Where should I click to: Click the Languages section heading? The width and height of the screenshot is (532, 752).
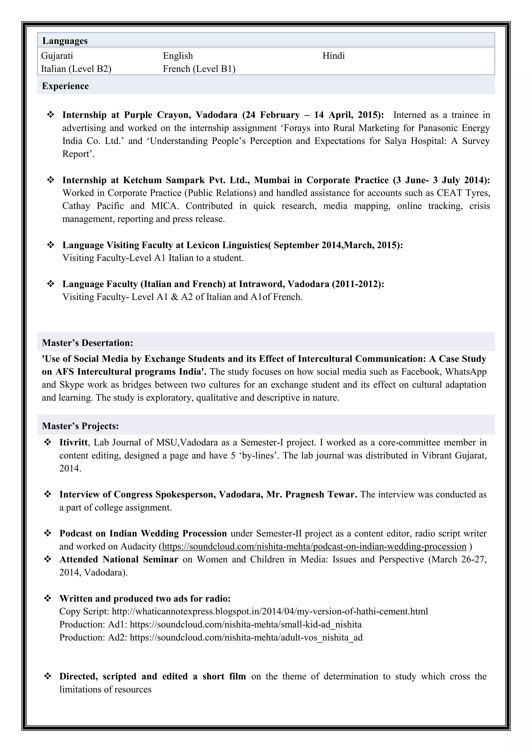[65, 41]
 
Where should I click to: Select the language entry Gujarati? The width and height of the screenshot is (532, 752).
[57, 56]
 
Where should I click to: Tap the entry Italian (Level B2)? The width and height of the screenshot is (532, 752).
[76, 69]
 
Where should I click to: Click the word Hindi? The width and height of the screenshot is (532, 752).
[334, 56]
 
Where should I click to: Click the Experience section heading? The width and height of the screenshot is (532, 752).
[65, 86]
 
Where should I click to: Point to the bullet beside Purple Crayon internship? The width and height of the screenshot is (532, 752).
[51, 115]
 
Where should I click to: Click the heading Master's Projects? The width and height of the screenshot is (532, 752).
[80, 426]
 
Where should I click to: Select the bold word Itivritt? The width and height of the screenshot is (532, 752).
[73, 442]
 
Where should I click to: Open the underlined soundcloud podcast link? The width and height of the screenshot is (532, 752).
[314, 546]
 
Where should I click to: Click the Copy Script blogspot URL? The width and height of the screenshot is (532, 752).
[270, 612]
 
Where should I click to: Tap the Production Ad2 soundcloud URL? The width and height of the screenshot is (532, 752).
[246, 637]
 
